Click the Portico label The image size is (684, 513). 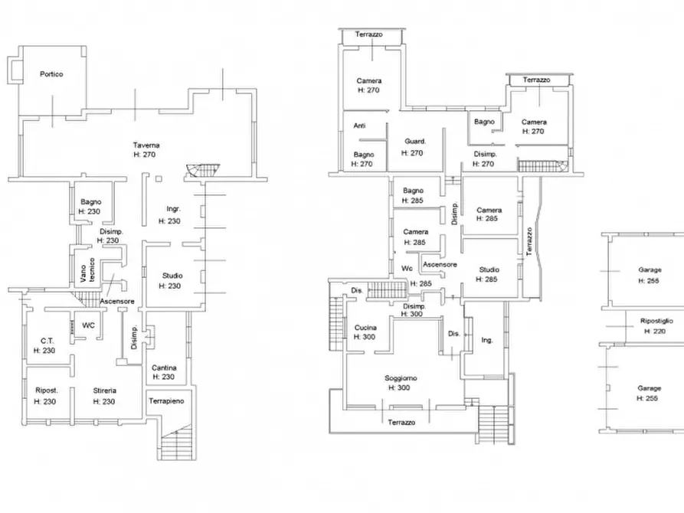pyautogui.click(x=51, y=74)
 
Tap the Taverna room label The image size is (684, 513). pyautogui.click(x=146, y=145)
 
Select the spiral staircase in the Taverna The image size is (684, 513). pyautogui.click(x=202, y=170)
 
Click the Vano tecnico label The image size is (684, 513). pyautogui.click(x=87, y=270)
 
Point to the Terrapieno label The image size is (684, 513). pyautogui.click(x=166, y=401)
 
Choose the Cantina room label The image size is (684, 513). pyautogui.click(x=164, y=368)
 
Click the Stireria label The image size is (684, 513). pyautogui.click(x=105, y=390)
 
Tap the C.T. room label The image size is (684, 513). pyautogui.click(x=47, y=341)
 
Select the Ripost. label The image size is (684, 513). pyautogui.click(x=46, y=390)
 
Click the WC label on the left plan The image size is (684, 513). pyautogui.click(x=88, y=325)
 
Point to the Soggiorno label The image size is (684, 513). pyautogui.click(x=401, y=378)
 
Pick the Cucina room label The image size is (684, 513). pyautogui.click(x=365, y=328)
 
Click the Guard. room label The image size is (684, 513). pyautogui.click(x=415, y=142)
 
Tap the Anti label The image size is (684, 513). pyautogui.click(x=359, y=126)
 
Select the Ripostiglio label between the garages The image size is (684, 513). pyautogui.click(x=656, y=321)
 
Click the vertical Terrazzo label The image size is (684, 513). pyautogui.click(x=529, y=241)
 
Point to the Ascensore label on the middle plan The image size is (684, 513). pyautogui.click(x=440, y=264)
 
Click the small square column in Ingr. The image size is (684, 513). pyautogui.click(x=159, y=179)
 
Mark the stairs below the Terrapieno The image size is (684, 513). pyautogui.click(x=177, y=442)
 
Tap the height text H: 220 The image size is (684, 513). pyautogui.click(x=655, y=331)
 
